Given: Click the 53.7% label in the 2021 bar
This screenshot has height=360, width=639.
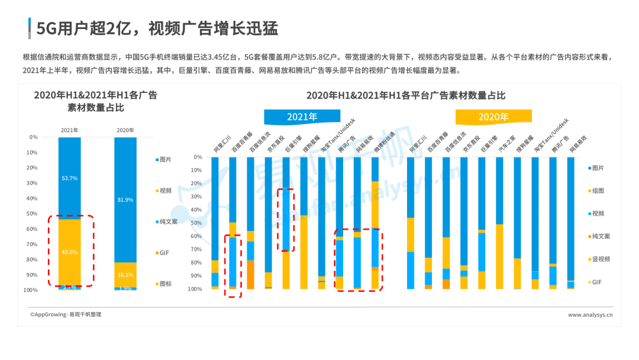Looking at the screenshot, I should [x=70, y=178].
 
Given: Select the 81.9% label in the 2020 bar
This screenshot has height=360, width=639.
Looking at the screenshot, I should [x=125, y=200].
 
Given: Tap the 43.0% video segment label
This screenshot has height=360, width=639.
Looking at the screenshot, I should [x=70, y=252].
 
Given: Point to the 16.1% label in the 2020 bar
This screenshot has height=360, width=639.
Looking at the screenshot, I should [x=125, y=275].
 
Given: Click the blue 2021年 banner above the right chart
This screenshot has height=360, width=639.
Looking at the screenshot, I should [x=302, y=116].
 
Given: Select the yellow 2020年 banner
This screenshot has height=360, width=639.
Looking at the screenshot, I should [x=493, y=116].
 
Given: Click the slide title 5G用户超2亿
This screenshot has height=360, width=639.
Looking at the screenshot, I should [x=157, y=28].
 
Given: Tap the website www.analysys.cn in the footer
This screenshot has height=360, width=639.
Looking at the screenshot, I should [x=590, y=315].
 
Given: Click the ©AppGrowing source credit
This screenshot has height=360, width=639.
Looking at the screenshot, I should [x=66, y=315].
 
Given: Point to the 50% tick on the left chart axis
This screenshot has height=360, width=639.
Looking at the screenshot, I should [x=33, y=214].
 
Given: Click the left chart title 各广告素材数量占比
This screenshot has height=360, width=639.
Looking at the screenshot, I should [x=95, y=102].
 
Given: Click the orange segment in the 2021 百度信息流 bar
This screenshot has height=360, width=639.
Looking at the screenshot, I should [x=251, y=274].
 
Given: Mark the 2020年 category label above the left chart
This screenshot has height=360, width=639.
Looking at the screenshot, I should [x=125, y=130].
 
